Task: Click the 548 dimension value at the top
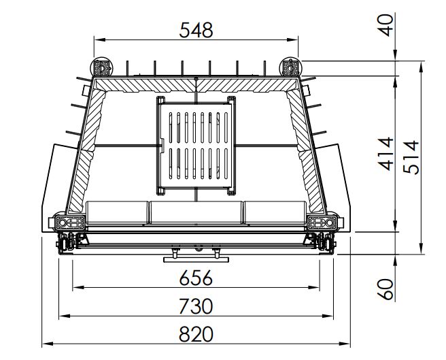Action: click(x=196, y=30)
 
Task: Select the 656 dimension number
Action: click(x=196, y=278)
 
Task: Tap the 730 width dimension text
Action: click(x=196, y=306)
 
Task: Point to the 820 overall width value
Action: click(x=196, y=333)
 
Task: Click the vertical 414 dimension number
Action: click(x=385, y=154)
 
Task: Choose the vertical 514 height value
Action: click(x=411, y=157)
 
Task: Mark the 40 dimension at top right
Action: click(x=386, y=25)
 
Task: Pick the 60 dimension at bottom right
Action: click(x=386, y=289)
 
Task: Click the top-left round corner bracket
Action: click(x=101, y=68)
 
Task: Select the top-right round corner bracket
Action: click(x=290, y=68)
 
